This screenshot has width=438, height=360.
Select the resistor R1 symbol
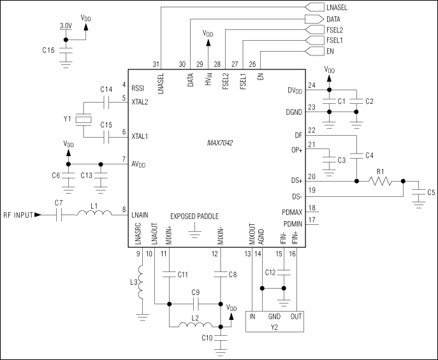(380, 181)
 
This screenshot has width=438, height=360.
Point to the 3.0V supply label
(66, 26)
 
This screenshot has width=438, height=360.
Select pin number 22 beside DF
(311, 130)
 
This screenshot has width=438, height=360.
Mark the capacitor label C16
(48, 48)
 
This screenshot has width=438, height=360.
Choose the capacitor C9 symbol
(196, 303)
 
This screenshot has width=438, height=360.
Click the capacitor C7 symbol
(59, 215)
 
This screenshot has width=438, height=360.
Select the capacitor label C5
(432, 192)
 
